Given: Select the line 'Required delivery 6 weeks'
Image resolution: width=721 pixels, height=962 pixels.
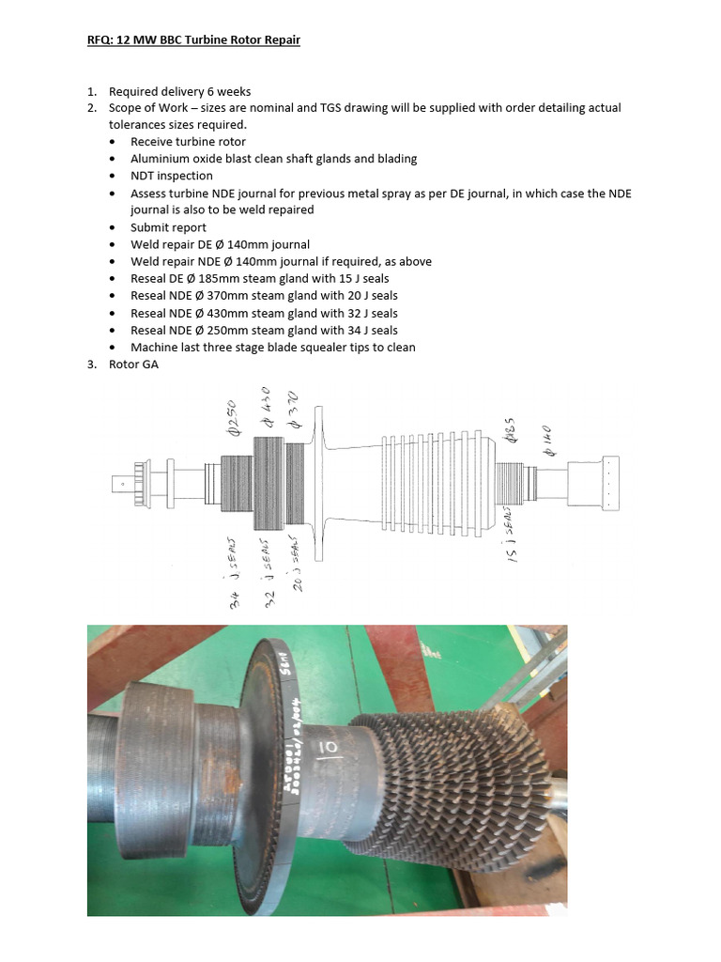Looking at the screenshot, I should pos(179,91).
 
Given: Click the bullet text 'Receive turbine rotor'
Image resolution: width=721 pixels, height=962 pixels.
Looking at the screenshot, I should pos(188,142).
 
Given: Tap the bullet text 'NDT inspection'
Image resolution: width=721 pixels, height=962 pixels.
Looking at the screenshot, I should pos(172,176).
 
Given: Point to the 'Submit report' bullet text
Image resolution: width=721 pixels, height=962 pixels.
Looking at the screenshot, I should pos(168,227).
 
